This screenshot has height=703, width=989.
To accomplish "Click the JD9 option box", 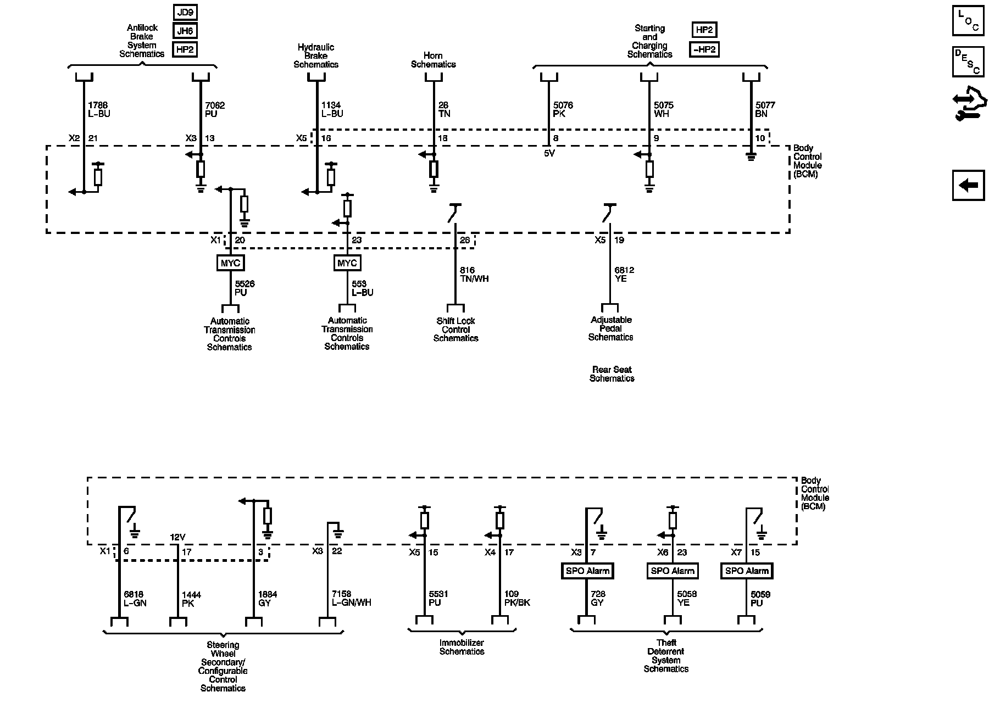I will tap(185, 12).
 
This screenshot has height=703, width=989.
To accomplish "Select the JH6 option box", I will tap(185, 31).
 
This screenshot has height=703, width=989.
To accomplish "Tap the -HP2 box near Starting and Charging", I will tap(704, 49).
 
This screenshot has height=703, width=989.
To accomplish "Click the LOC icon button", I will tap(968, 20).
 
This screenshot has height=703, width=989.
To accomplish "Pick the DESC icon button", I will tap(968, 62).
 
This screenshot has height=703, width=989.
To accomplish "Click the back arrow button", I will tap(968, 185).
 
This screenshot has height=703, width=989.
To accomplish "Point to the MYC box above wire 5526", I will tap(230, 263).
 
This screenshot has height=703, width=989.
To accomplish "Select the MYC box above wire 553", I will tap(347, 263).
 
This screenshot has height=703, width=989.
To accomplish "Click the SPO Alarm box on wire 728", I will tap(588, 571).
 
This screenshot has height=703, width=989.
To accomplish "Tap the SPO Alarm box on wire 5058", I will tap(673, 571).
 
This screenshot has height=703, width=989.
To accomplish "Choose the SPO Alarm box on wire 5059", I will tap(746, 571).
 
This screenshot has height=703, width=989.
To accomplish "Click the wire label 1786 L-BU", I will tap(99, 109).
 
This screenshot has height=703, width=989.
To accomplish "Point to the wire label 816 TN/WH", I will tap(474, 274).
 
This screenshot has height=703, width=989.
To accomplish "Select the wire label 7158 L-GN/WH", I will tap(351, 598).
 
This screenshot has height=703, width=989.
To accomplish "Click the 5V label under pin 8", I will tap(549, 154).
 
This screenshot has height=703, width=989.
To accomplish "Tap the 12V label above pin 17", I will tap(177, 537).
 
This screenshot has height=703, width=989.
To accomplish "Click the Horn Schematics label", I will tap(433, 60).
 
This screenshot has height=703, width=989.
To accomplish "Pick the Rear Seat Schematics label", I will tap(612, 374).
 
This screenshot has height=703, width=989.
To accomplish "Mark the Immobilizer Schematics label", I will tap(462, 647).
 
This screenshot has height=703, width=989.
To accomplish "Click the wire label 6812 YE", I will tap(624, 274).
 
